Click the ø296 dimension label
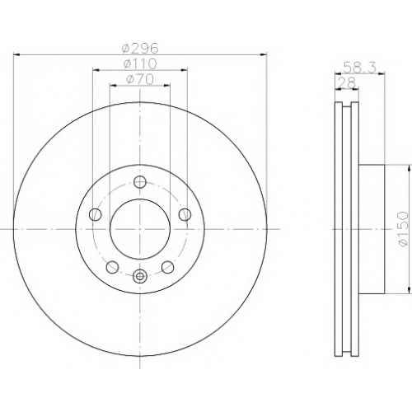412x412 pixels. point(140,49)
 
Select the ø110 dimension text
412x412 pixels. point(140,64)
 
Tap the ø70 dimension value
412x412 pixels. point(140,80)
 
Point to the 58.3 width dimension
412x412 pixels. point(360,68)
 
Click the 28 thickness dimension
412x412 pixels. point(347,82)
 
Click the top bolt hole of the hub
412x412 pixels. point(140,181)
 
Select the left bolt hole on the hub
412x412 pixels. point(96,214)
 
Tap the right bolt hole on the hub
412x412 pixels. point(185,214)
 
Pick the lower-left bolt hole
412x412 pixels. point(112,267)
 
